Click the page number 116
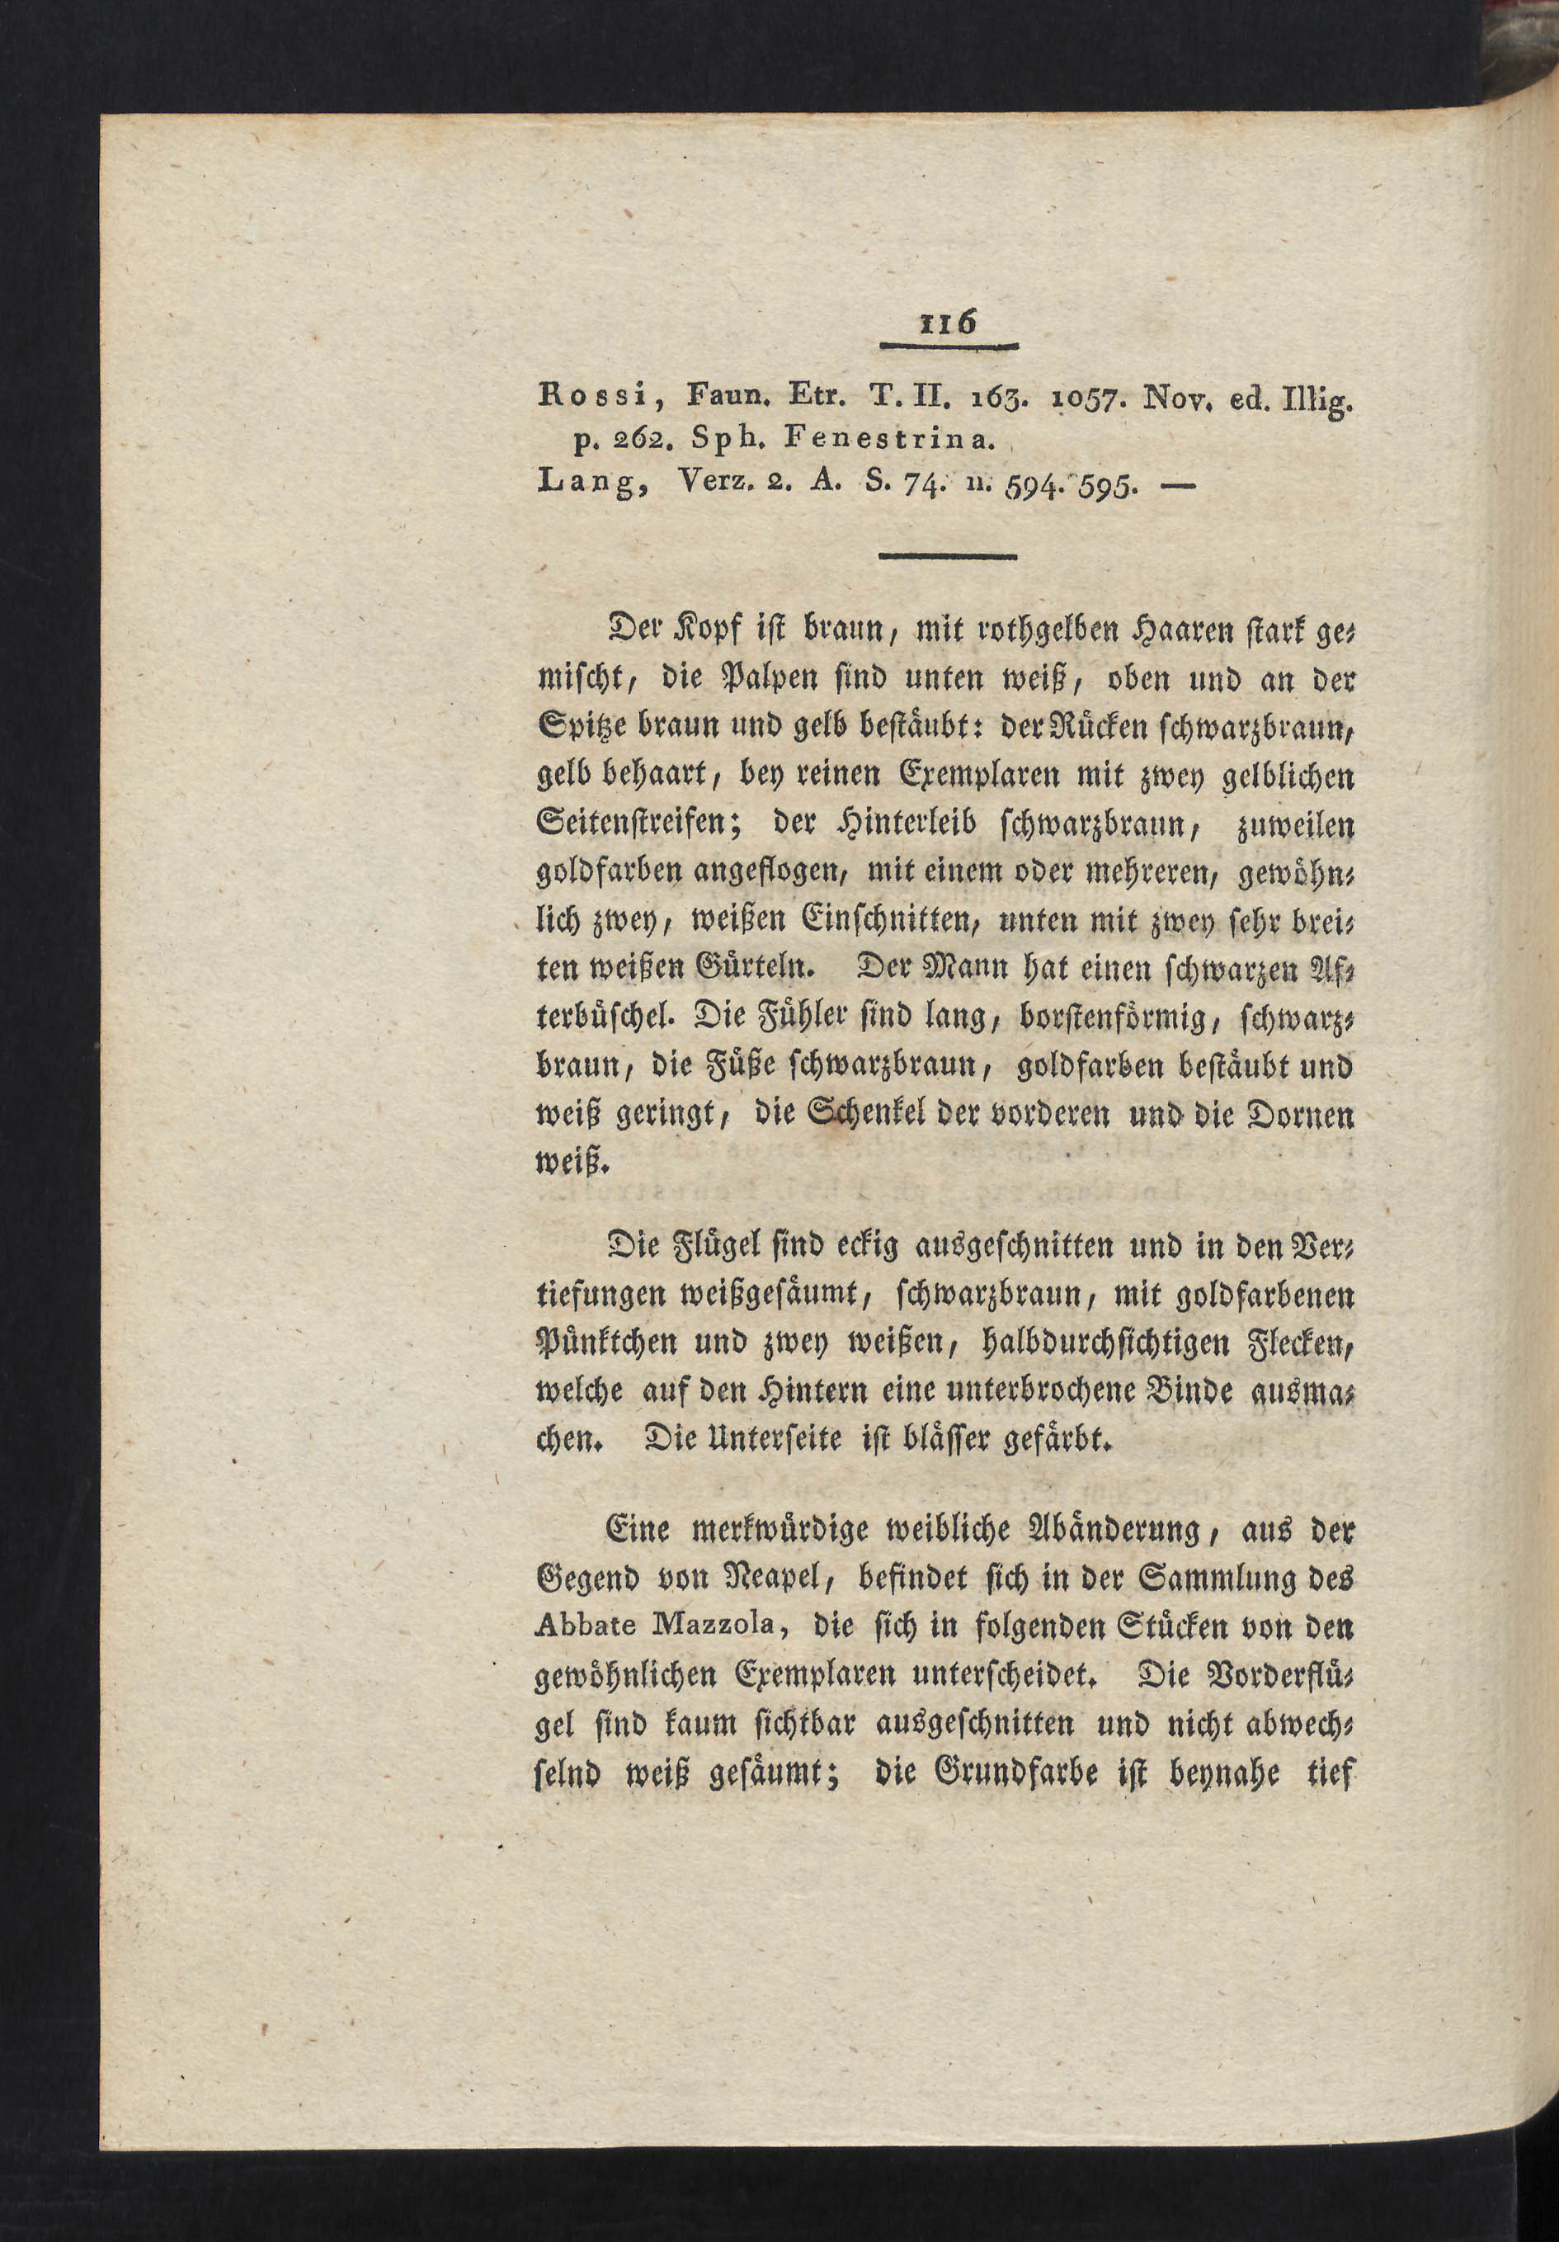point(948,323)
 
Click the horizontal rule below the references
point(947,557)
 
